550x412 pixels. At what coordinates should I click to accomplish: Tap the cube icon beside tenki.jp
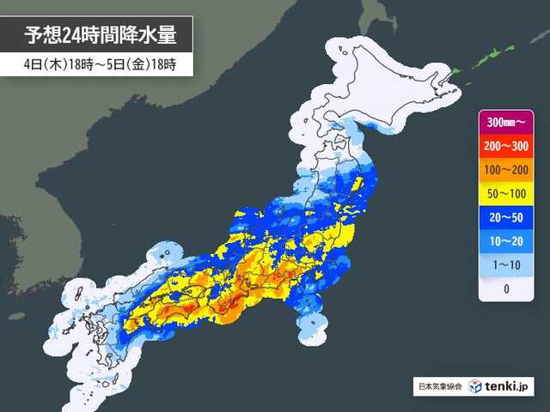point(475,387)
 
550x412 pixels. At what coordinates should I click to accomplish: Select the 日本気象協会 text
point(437,388)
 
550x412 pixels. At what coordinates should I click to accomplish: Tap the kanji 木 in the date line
point(44,65)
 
